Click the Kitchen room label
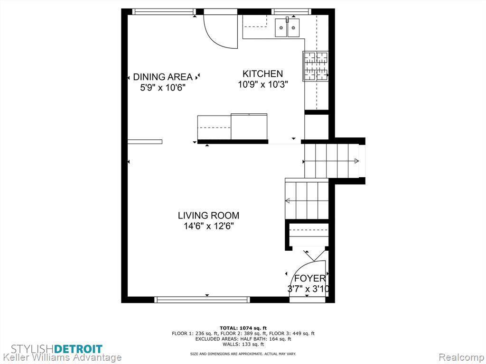(262, 73)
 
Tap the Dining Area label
(163, 77)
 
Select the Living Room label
(209, 216)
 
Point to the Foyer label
(310, 278)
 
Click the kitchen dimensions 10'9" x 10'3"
(263, 84)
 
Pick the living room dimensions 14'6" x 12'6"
(209, 226)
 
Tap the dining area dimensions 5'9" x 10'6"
(163, 88)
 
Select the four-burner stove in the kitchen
(315, 66)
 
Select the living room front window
(202, 300)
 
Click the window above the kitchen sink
(291, 12)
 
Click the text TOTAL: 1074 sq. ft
(243, 328)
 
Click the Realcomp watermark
(461, 357)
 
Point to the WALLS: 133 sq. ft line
(243, 344)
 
